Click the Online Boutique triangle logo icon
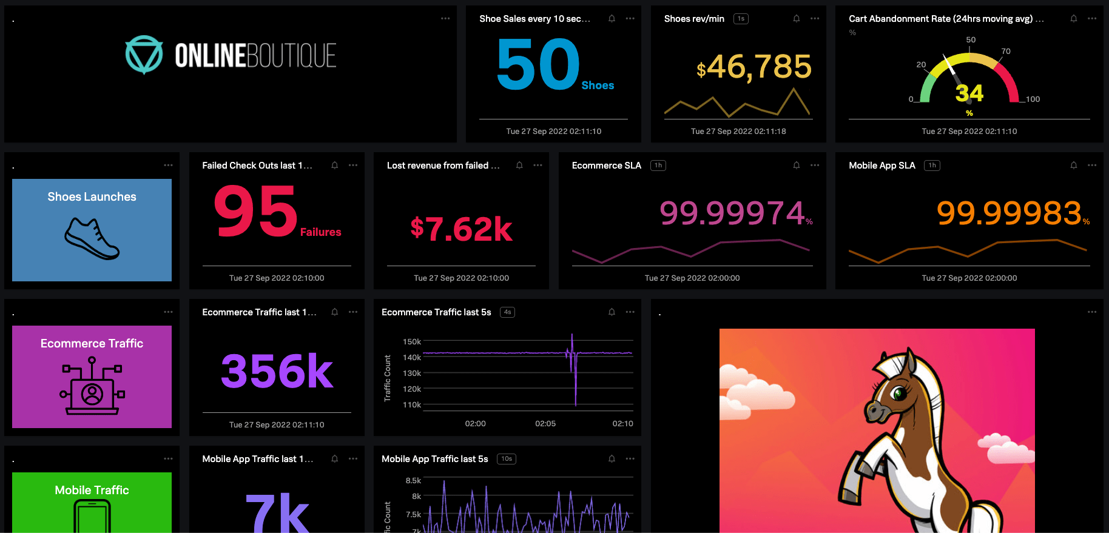coord(144,55)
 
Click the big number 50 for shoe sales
coord(538,64)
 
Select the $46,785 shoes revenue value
coord(753,67)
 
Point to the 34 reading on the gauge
coord(969,93)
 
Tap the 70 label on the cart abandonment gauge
coord(1006,52)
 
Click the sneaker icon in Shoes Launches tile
coord(92,238)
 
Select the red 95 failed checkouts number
coord(256,211)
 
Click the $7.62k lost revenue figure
coord(461,229)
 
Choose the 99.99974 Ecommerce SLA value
coord(732,213)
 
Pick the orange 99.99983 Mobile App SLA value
coord(1009,213)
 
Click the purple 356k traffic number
coord(277,370)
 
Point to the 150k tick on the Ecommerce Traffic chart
coord(412,342)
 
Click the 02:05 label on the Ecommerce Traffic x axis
coord(545,424)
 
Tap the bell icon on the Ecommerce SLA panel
coord(797,166)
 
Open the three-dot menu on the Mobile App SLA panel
coord(1092,166)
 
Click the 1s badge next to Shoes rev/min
coord(741,19)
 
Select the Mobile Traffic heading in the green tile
coord(92,490)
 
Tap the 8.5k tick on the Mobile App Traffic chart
coord(413,481)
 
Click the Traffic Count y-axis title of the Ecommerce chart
coord(388,378)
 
